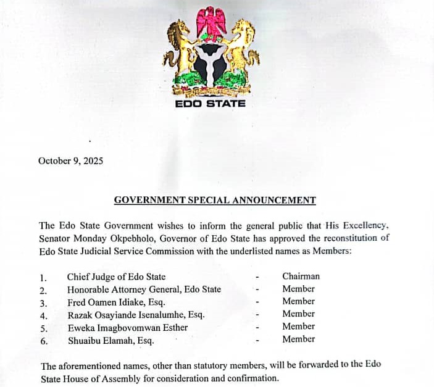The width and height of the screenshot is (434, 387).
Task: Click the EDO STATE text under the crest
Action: click(210, 104)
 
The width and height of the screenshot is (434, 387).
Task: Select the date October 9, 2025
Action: click(70, 161)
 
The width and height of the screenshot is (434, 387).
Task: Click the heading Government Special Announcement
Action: click(215, 200)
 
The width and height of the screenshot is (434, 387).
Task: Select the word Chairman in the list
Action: click(301, 277)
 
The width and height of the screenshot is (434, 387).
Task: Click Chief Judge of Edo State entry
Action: click(116, 277)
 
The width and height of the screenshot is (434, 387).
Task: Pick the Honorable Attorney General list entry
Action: click(144, 289)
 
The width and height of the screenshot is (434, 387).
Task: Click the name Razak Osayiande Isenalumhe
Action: click(136, 315)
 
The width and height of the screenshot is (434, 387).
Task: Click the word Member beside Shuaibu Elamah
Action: click(298, 339)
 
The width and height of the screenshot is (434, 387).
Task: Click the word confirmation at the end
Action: click(253, 378)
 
